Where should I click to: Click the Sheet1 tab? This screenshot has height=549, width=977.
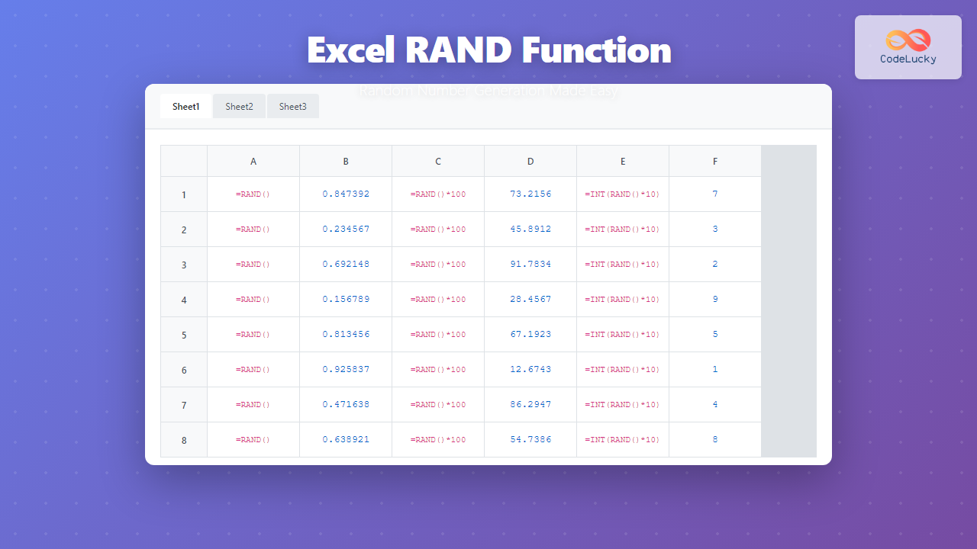(x=185, y=107)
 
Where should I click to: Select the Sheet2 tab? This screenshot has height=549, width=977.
(x=239, y=107)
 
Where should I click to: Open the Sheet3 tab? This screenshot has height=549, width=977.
(x=292, y=107)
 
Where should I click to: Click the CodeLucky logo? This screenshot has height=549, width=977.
(x=908, y=47)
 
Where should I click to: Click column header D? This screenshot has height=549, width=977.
(x=530, y=162)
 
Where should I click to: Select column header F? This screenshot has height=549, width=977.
(x=715, y=162)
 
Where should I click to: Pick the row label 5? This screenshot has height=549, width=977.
(x=184, y=335)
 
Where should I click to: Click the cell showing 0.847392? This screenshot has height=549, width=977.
(x=346, y=194)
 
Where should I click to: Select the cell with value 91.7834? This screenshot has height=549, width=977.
(x=530, y=265)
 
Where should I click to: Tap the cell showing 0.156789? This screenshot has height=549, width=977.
(x=346, y=300)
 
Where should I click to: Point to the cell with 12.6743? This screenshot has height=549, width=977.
(x=530, y=370)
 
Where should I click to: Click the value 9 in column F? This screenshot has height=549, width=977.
(x=715, y=300)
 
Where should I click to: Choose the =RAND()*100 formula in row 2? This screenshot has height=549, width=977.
(x=438, y=230)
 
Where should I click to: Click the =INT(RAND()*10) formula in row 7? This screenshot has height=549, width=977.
(x=623, y=405)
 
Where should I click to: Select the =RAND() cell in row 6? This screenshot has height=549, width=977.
(x=253, y=370)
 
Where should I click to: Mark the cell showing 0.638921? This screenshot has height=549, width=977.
(x=346, y=440)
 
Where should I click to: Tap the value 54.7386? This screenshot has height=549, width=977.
(x=530, y=440)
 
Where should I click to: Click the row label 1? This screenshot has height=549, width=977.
(x=184, y=194)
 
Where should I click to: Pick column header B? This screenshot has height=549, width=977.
(x=346, y=162)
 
